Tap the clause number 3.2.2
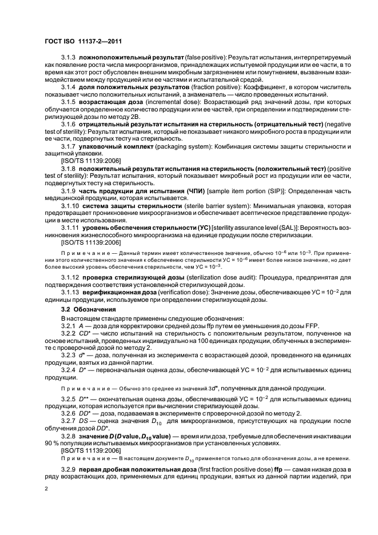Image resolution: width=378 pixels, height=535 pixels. [x=70, y=334]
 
